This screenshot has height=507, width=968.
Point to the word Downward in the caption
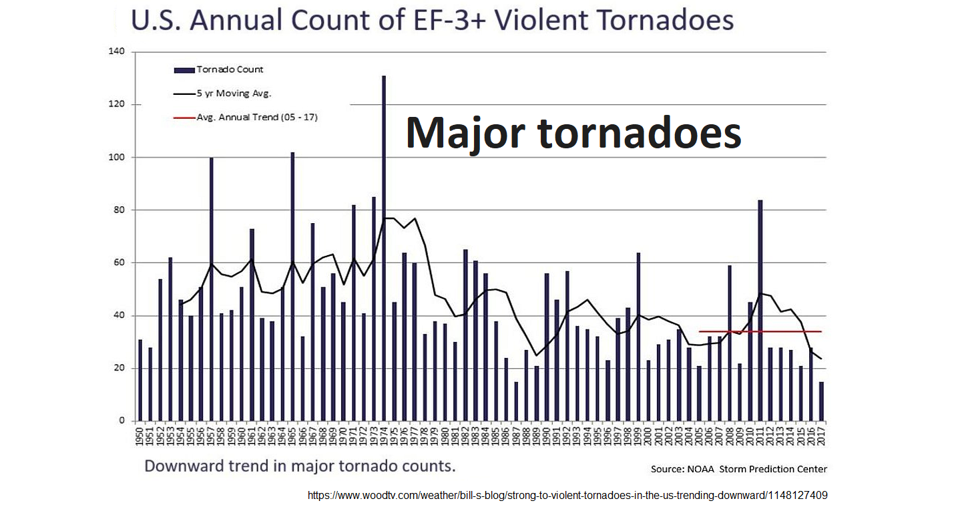183,466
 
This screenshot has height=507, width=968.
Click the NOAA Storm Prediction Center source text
739,469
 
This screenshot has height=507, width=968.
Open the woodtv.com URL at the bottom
567,496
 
